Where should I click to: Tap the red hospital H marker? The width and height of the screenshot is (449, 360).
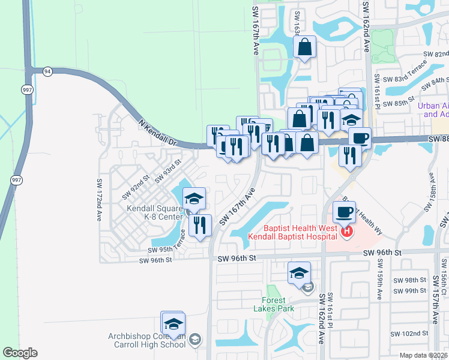[346, 230]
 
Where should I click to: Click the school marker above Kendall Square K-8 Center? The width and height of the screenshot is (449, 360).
[194, 199]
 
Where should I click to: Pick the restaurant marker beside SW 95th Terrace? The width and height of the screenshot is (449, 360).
[200, 226]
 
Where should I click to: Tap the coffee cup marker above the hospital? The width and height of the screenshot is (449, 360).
[345, 212]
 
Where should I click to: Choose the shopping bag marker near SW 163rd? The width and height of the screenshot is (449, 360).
[304, 47]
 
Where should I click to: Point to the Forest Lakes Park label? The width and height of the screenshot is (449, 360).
[278, 305]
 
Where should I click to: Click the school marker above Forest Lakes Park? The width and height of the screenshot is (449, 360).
[299, 274]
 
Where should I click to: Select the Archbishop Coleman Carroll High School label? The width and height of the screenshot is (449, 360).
[147, 340]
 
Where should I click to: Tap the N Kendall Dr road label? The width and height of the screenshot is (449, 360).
[160, 133]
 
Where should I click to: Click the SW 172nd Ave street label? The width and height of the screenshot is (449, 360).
[99, 199]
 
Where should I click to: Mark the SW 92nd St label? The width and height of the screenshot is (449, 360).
[136, 187]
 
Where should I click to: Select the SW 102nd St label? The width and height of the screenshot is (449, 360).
[408, 334]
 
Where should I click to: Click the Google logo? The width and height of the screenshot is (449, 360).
[20, 353]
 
